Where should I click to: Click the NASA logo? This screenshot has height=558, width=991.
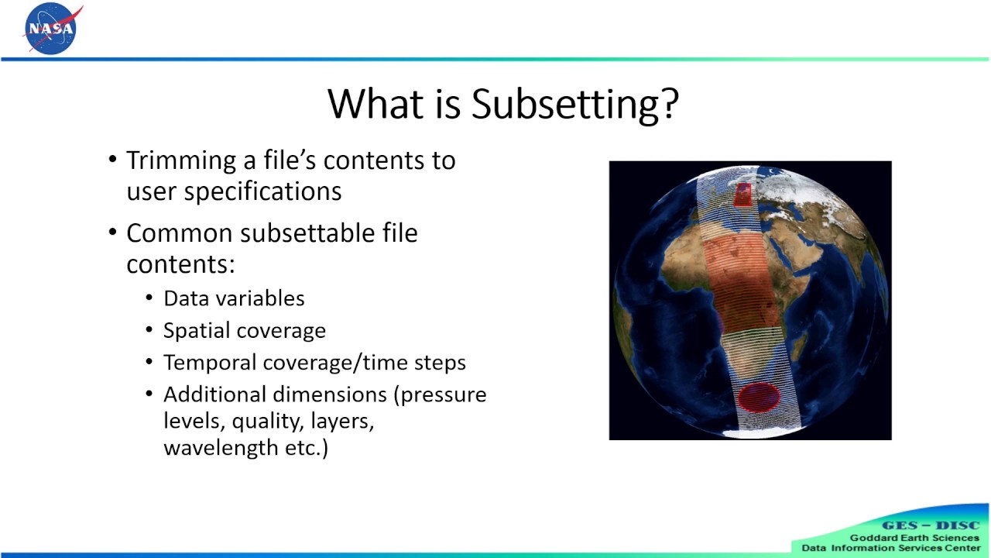coord(51,29)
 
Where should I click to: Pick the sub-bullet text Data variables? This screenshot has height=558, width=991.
coord(234,298)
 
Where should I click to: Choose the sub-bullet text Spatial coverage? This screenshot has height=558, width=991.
coord(245,331)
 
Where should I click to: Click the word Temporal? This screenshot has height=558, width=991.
coord(210,363)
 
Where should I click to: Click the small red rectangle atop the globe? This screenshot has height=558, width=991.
coord(742,193)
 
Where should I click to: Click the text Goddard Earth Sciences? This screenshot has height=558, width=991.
coord(914,538)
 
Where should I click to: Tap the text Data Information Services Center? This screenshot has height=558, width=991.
coord(890,548)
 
